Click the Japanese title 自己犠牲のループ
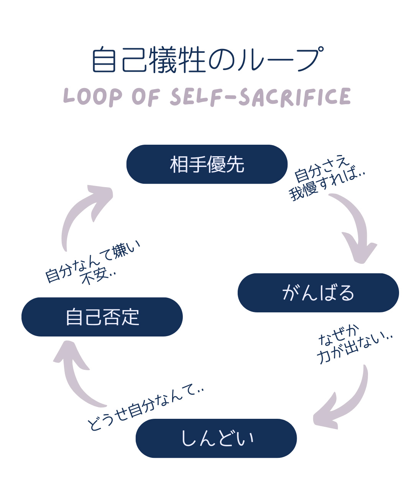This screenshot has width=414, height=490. (x=207, y=60)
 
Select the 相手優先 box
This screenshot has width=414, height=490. (x=207, y=164)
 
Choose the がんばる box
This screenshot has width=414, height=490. (x=318, y=293)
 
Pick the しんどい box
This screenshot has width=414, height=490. (x=216, y=438)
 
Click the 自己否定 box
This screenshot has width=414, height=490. (x=102, y=317)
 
